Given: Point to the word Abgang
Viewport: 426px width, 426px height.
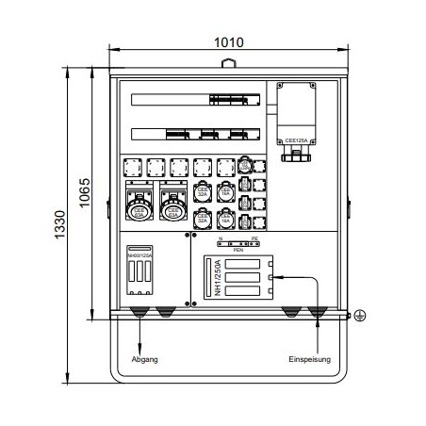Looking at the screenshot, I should point(145,359).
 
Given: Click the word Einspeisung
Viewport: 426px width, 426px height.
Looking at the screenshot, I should point(310,359).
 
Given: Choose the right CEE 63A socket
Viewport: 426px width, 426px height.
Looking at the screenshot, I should point(172,205).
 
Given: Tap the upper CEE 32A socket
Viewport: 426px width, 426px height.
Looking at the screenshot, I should point(203,193).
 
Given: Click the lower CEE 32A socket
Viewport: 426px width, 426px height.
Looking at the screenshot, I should point(203,221).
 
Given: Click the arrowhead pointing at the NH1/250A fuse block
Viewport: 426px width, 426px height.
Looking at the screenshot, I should point(271,278).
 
